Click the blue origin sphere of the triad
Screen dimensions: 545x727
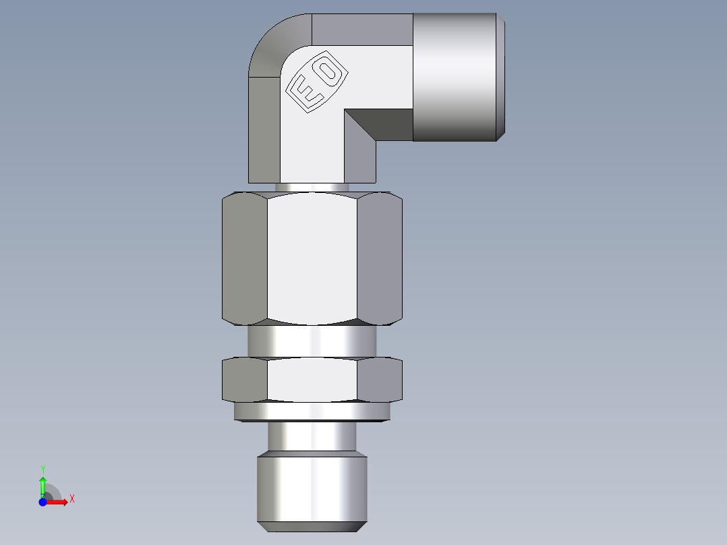[x=42, y=502]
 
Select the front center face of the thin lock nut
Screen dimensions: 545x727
[x=312, y=379]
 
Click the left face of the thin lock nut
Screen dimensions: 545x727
[x=244, y=379]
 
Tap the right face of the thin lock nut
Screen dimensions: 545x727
[x=379, y=379]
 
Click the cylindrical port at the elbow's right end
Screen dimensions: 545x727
[x=457, y=78]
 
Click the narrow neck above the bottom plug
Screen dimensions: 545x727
[x=312, y=437]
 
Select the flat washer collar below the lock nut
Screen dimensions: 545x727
[x=312, y=411]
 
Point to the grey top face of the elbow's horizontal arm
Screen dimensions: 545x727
[x=361, y=29]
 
